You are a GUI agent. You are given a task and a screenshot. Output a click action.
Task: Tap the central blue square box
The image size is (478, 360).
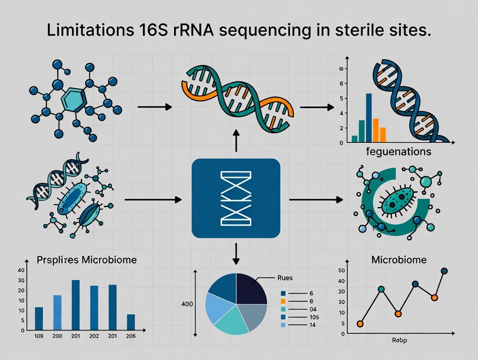point(236,198)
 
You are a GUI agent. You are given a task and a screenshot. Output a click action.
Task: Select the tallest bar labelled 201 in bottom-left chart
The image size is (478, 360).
point(75,305)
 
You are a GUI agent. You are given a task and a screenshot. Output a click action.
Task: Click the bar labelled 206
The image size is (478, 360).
point(131,322)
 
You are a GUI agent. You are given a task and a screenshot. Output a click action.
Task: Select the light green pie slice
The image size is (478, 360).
point(229,319)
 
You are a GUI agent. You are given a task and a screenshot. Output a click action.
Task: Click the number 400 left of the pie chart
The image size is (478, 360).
point(187,304)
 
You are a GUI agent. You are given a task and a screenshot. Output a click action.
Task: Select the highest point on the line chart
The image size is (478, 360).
point(444,271)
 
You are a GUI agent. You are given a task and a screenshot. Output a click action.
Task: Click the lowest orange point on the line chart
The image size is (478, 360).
point(360,324)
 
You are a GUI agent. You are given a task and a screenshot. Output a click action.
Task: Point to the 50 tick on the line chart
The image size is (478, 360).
point(342,271)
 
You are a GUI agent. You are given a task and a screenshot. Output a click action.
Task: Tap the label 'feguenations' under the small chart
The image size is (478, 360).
point(398,152)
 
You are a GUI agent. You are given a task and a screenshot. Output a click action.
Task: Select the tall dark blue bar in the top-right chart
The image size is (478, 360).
point(369,118)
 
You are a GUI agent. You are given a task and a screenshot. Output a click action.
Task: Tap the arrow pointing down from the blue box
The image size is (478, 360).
point(236,254)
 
